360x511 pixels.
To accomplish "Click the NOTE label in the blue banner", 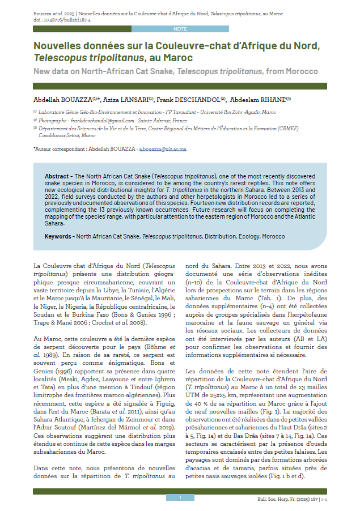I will [180, 28].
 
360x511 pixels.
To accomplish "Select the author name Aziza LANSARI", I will [133, 99].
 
